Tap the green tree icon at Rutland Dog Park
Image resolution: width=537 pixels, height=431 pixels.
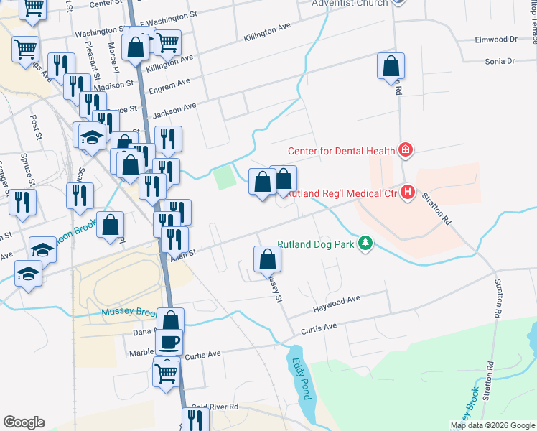click(x=366, y=244)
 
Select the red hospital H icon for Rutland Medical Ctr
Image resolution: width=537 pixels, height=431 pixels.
click(x=408, y=193)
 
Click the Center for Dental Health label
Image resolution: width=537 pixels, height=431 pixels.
click(x=341, y=151)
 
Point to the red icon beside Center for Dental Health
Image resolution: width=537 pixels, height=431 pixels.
click(x=406, y=151)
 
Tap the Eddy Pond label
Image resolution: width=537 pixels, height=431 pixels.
click(x=302, y=381)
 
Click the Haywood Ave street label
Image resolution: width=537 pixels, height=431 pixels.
click(x=336, y=304)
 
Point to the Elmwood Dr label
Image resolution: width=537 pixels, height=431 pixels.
click(x=496, y=40)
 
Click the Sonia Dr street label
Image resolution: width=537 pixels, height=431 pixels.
click(x=500, y=62)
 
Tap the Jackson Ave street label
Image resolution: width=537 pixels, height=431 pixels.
click(x=174, y=108)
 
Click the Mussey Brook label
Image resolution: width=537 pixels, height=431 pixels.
click(x=129, y=312)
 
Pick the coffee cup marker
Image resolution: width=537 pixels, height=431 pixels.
click(x=169, y=342)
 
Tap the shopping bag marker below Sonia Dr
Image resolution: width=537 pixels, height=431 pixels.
click(x=391, y=66)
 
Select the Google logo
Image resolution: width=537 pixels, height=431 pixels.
click(x=24, y=422)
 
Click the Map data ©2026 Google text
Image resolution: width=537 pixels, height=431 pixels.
click(x=492, y=426)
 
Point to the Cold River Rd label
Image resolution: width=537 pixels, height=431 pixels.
click(x=215, y=407)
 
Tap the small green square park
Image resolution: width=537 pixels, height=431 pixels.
click(x=225, y=176)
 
